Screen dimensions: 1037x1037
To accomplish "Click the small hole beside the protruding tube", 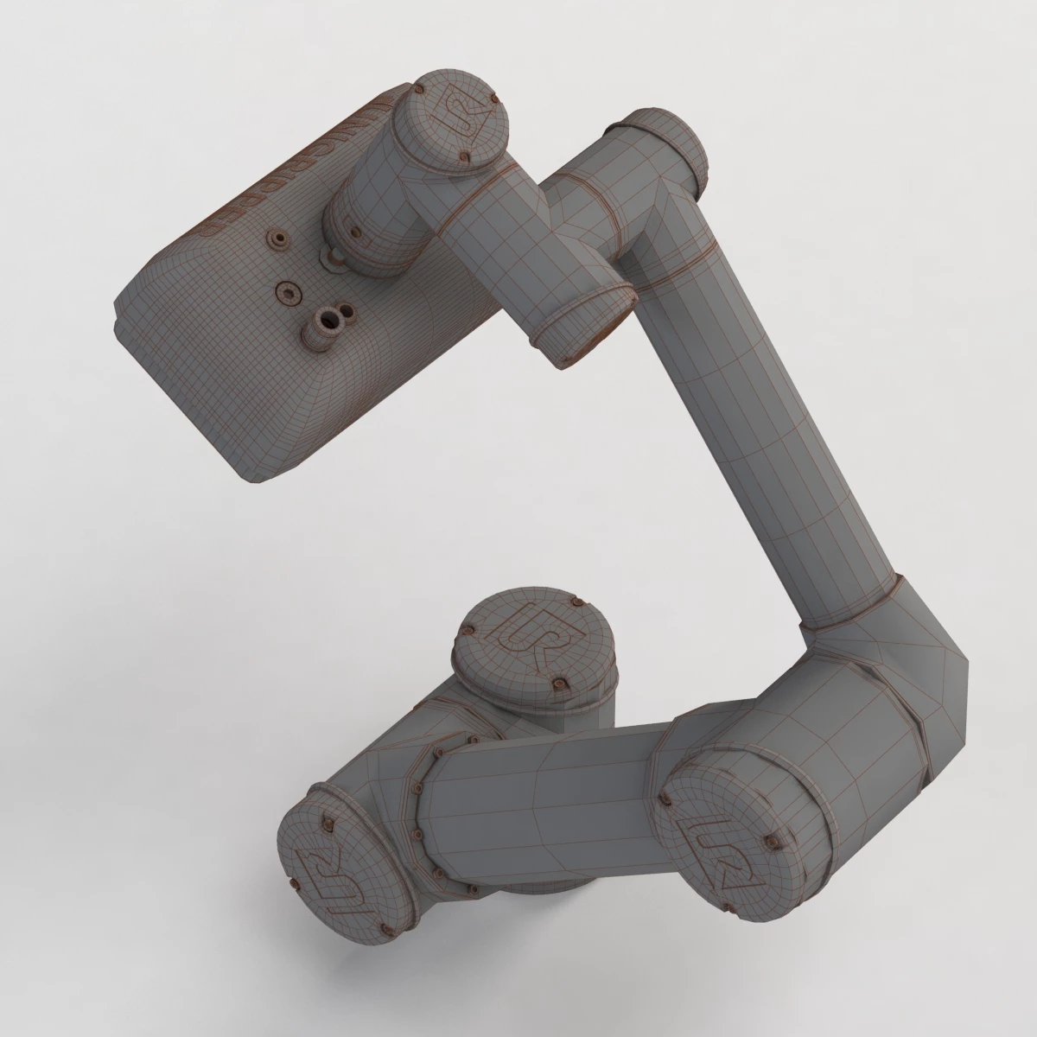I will (x=347, y=310).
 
